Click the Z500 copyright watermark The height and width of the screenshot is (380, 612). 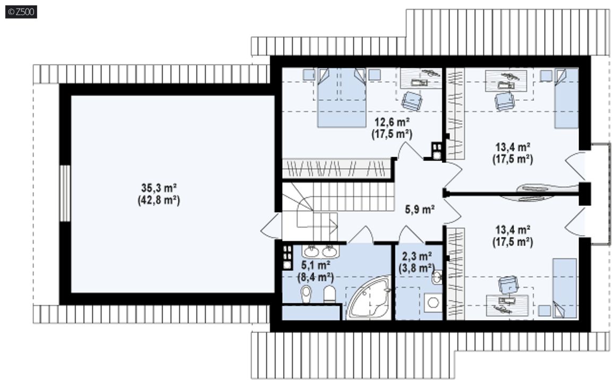click(21, 12)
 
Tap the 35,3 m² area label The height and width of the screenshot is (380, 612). click(159, 188)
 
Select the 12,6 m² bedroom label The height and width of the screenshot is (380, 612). click(392, 123)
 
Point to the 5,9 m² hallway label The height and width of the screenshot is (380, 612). click(420, 210)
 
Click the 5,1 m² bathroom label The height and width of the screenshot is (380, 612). click(316, 265)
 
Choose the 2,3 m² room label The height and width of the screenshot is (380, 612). click(417, 256)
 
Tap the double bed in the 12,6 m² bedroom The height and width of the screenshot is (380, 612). click(342, 98)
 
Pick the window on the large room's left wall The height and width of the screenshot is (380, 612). click(65, 193)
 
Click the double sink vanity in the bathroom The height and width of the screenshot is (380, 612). click(320, 252)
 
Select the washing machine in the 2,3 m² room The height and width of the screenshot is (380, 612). click(432, 303)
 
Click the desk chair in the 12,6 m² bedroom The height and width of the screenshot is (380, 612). click(412, 100)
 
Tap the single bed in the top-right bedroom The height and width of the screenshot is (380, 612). click(566, 98)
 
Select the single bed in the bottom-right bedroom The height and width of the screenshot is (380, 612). click(565, 288)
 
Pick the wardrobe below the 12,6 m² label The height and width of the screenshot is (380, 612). click(337, 168)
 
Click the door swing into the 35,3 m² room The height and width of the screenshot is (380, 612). click(270, 226)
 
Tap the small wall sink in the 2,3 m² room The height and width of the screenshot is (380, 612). click(437, 277)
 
